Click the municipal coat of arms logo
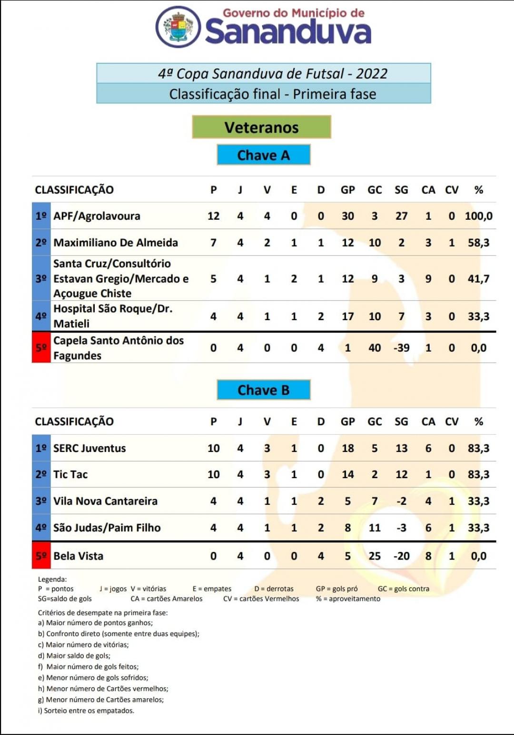click(x=178, y=27)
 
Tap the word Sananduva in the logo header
click(x=288, y=31)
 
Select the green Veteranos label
click(x=261, y=127)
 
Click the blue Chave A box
click(x=263, y=155)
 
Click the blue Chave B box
click(x=263, y=390)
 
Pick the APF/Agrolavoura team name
click(x=97, y=216)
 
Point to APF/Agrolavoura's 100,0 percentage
click(x=478, y=216)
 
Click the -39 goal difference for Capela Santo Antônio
click(x=401, y=348)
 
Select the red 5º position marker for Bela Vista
click(x=41, y=556)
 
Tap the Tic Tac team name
click(x=70, y=474)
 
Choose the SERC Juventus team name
click(x=89, y=448)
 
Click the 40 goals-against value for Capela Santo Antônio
click(x=375, y=348)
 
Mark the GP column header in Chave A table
click(x=347, y=190)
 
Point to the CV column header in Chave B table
click(x=452, y=421)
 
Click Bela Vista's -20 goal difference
click(x=401, y=556)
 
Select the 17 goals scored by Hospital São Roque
click(x=347, y=316)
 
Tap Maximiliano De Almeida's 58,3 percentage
click(x=478, y=243)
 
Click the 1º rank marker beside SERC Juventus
click(x=41, y=448)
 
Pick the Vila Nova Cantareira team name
click(x=105, y=501)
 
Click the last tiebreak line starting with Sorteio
click(x=86, y=711)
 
